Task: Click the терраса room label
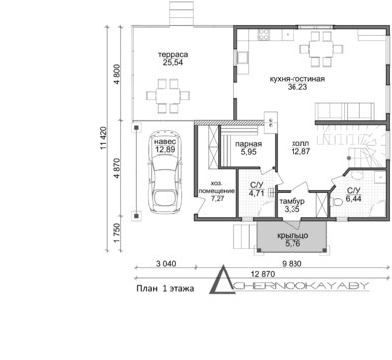pos(173,55)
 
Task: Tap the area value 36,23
pos(297,87)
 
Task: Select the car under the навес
pos(166,172)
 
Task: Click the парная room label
pos(248,144)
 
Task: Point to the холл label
pos(300,144)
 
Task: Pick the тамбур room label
pos(293,201)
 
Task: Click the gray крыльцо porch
pos(293,237)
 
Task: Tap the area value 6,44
pos(354,199)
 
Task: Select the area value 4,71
pos(256,193)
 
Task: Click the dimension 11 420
pos(103,138)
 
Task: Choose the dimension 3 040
pos(166,264)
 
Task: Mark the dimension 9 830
pos(292,264)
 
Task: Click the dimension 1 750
pos(116,233)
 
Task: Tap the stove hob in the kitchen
pos(264,35)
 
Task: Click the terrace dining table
pos(168,96)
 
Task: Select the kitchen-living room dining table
pos(321,49)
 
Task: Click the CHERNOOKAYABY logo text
pos(300,286)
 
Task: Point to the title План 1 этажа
pos(165,289)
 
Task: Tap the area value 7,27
pos(217,199)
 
